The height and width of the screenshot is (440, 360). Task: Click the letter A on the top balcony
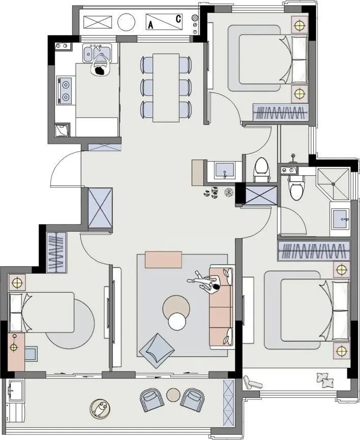151,25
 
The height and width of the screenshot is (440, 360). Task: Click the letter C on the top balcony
178,19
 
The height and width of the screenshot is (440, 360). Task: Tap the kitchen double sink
97,52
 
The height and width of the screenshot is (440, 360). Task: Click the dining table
166,88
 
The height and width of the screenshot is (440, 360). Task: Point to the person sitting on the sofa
208,282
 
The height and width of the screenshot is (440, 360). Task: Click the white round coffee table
177,321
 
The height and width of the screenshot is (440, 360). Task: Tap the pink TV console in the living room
163,260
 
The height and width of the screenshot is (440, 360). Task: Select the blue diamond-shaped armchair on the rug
157,350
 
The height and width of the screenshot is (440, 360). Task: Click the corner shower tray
334,184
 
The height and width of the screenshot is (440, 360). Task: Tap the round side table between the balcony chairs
173,395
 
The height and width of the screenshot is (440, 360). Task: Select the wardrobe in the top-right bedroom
280,112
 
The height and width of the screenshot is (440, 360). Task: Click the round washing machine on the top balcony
127,22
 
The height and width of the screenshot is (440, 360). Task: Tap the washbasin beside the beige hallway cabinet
224,171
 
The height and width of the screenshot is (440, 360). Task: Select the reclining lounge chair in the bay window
252,383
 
